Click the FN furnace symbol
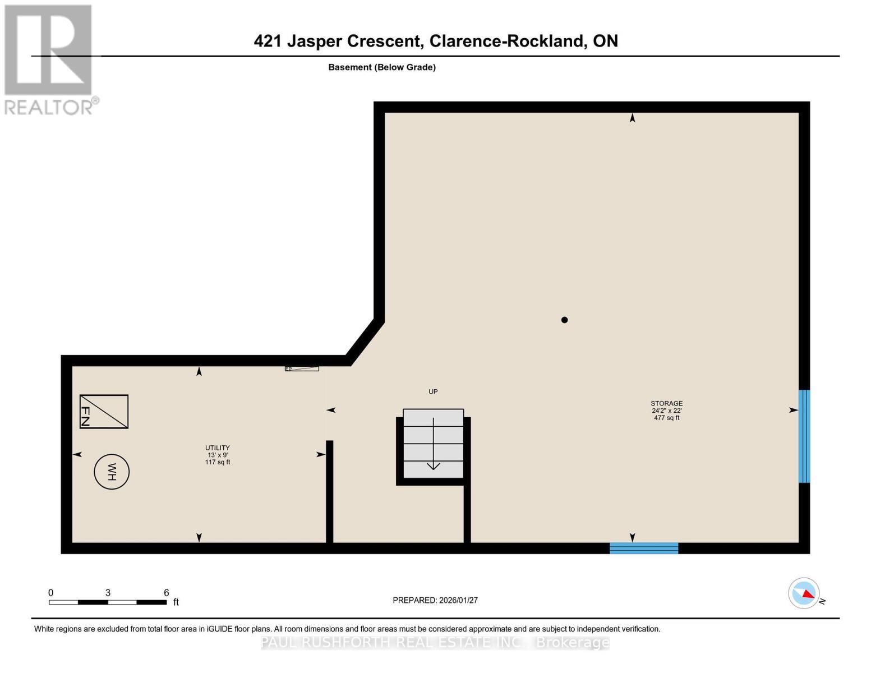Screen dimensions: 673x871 point(104,412)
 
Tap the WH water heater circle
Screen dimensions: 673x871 point(112,472)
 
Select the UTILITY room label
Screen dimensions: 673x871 point(217,448)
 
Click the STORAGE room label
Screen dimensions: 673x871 point(666,403)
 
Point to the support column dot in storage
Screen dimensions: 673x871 point(564,320)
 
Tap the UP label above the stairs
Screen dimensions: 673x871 point(433,391)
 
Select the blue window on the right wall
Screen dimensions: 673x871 point(804,436)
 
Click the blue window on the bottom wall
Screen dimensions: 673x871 point(644,548)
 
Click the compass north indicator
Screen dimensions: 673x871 point(804,593)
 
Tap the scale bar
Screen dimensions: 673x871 point(108,602)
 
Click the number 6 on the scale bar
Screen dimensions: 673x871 point(166,593)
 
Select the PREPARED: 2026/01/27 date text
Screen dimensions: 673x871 point(435,600)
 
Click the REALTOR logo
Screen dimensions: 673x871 point(49,59)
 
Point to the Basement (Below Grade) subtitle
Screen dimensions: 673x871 point(382,67)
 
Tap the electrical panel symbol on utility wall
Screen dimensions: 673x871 point(302,368)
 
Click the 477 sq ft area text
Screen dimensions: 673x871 point(666,418)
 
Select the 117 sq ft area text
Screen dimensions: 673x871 point(217,462)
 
